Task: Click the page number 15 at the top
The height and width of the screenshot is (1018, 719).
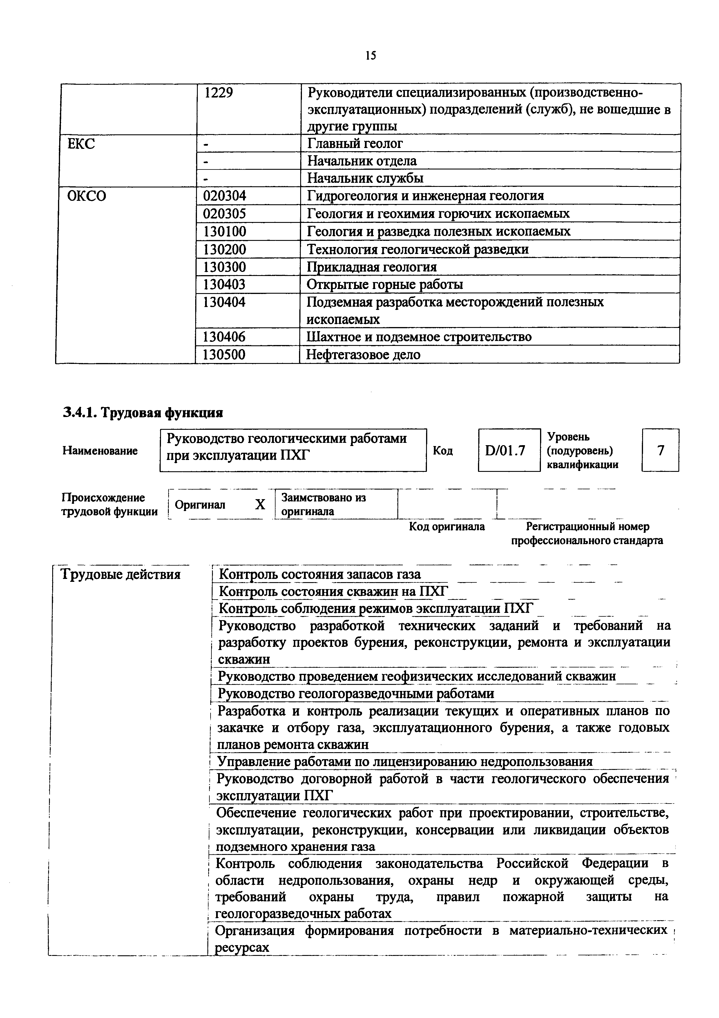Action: click(371, 55)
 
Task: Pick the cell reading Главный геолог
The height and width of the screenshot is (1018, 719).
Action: click(355, 144)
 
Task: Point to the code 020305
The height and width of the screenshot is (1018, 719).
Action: click(224, 214)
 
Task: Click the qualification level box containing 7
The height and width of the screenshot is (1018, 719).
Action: click(660, 450)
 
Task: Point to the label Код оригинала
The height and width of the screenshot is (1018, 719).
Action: click(447, 526)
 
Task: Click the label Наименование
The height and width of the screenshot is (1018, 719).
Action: click(100, 451)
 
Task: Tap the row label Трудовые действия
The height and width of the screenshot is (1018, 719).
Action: click(120, 575)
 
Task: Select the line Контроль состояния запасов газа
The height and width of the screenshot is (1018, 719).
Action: click(320, 575)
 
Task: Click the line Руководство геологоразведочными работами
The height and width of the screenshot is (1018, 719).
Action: click(356, 694)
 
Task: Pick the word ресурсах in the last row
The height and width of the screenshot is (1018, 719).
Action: click(242, 948)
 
